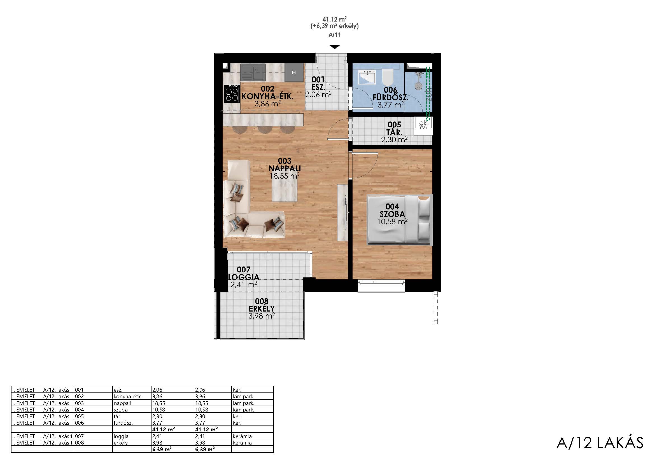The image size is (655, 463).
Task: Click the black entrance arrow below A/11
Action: (x=335, y=47)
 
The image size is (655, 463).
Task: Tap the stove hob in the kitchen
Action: (x=232, y=93)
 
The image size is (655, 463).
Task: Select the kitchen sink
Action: (x=253, y=72)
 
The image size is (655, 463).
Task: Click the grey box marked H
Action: (x=294, y=73)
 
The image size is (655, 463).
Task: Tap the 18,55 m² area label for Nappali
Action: (x=285, y=176)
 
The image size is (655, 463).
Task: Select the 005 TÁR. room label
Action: (x=394, y=128)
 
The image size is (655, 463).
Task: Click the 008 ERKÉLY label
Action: (x=262, y=305)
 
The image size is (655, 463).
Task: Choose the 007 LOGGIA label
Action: (x=244, y=273)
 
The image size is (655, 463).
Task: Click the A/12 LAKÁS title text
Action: (x=600, y=443)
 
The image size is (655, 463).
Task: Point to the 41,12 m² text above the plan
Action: (x=335, y=19)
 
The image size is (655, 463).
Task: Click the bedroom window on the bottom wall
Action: (x=381, y=286)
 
